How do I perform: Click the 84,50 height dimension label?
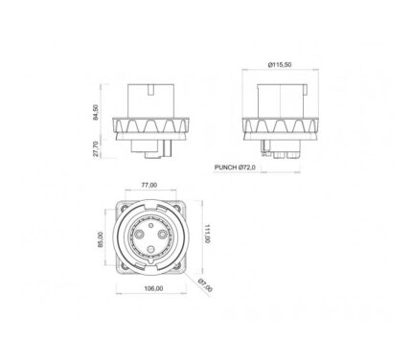coord(96,112)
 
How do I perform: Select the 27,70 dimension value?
coord(96,148)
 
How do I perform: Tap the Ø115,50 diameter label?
coord(280,64)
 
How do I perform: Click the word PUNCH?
coord(226,167)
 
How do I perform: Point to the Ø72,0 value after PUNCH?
coord(247,167)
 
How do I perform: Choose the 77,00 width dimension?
coord(149,185)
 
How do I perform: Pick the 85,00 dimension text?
coord(101,239)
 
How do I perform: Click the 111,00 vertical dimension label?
coord(207,234)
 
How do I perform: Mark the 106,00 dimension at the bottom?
coord(153,288)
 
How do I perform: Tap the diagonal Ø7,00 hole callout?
coord(205,285)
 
